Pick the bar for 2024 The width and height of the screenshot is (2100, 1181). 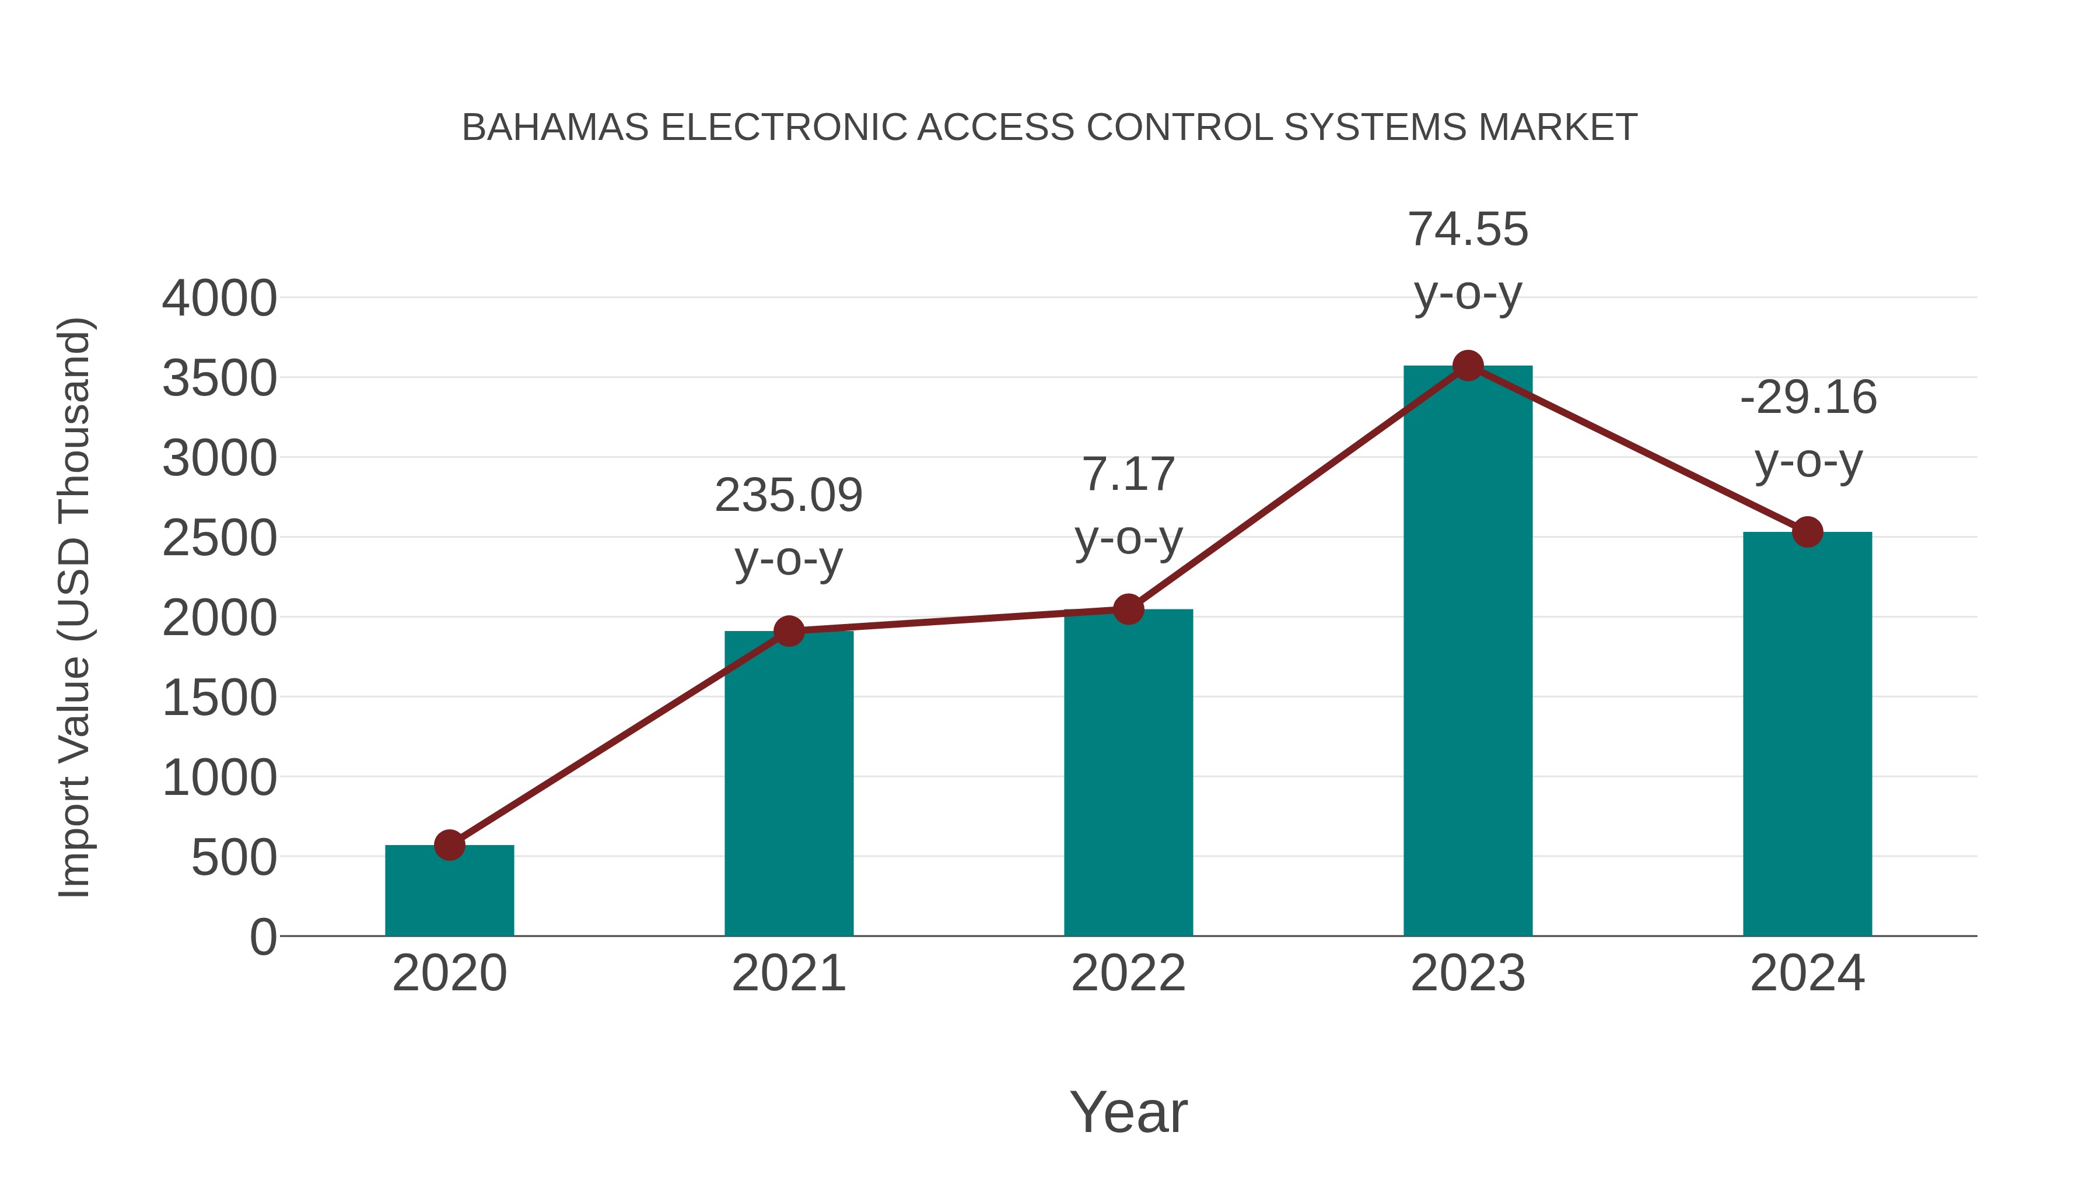tap(1807, 734)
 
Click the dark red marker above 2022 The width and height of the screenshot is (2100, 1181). tap(1128, 609)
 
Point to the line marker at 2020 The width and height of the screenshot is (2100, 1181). tap(449, 845)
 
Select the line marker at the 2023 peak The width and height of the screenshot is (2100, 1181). tap(1468, 366)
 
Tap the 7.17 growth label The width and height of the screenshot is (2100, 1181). tap(1128, 505)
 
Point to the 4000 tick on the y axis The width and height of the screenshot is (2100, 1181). tap(219, 298)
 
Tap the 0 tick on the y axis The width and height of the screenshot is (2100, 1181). tap(263, 937)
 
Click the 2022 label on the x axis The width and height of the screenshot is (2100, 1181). tap(1128, 973)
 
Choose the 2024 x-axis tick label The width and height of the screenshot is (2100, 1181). tap(1807, 973)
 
